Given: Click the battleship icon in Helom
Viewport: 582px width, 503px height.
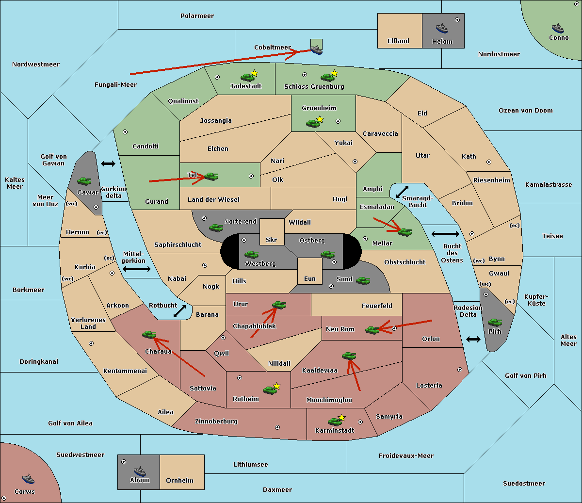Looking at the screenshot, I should coord(441,28).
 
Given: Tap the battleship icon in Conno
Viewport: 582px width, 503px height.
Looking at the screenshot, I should coord(557,28).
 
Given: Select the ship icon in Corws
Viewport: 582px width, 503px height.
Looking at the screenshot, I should coord(28,479).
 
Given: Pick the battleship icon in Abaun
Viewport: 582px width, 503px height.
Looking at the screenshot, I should coord(140,471).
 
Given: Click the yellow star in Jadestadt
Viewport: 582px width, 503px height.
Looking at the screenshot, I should coord(254,73).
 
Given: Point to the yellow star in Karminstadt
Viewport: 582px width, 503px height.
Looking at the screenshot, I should coord(341,418).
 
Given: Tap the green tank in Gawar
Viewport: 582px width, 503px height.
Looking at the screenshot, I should coord(84,181).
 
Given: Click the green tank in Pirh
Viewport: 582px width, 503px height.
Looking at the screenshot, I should coord(495,322).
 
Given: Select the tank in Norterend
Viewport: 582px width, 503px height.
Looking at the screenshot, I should coord(216,227).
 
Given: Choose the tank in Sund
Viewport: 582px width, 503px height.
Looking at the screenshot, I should coord(363,280).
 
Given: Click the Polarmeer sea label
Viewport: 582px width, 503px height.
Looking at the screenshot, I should coord(197,16).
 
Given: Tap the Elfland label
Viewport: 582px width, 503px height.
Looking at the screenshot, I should coord(398,41).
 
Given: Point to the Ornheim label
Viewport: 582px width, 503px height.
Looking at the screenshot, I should coord(179,481).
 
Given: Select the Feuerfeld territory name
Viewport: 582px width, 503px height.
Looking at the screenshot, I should coord(377,306).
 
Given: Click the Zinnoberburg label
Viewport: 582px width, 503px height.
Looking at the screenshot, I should coord(216,422).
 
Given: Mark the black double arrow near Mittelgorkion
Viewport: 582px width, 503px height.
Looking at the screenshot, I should coord(137,269).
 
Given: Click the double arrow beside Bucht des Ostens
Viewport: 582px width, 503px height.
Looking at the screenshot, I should coord(445,234).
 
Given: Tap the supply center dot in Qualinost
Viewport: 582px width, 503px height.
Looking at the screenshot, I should coord(217,77).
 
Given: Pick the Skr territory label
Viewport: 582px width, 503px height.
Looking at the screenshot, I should coord(271,240).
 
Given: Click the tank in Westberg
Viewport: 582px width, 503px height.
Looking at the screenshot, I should coord(251,254).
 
